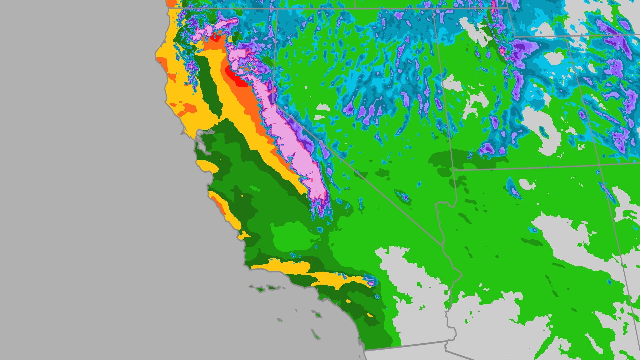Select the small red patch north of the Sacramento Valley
215,37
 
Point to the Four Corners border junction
600,164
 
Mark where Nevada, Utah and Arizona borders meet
454,170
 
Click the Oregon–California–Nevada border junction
277,9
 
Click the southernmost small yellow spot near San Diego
370,315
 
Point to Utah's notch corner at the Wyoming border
513,36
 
